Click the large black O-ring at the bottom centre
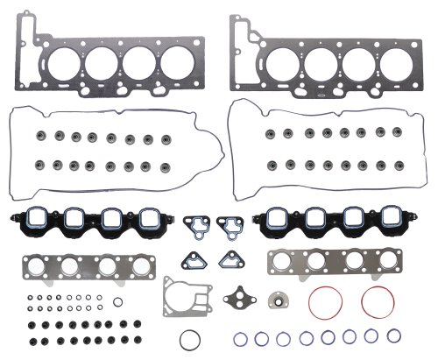click(189, 339)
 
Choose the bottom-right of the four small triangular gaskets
click(232, 260)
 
